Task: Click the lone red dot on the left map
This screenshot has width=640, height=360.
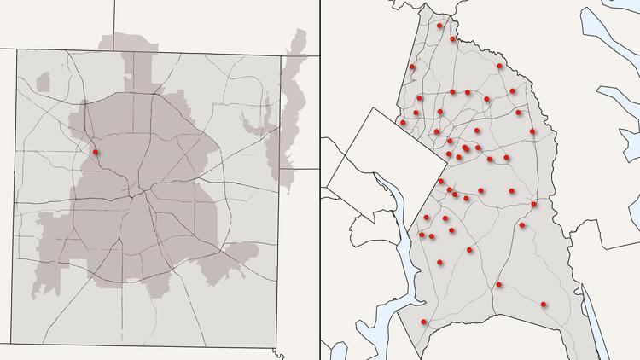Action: point(96,153)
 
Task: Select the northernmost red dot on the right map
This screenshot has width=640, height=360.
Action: point(439,26)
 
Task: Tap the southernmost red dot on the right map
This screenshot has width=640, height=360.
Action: point(424,322)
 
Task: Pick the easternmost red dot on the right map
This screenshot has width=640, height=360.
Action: point(544,304)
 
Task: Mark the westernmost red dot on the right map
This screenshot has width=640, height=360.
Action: point(403,123)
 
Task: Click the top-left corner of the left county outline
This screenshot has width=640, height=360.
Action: point(14,49)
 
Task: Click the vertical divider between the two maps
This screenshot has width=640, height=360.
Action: point(320,180)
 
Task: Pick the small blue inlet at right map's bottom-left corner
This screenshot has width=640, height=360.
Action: point(338,351)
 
